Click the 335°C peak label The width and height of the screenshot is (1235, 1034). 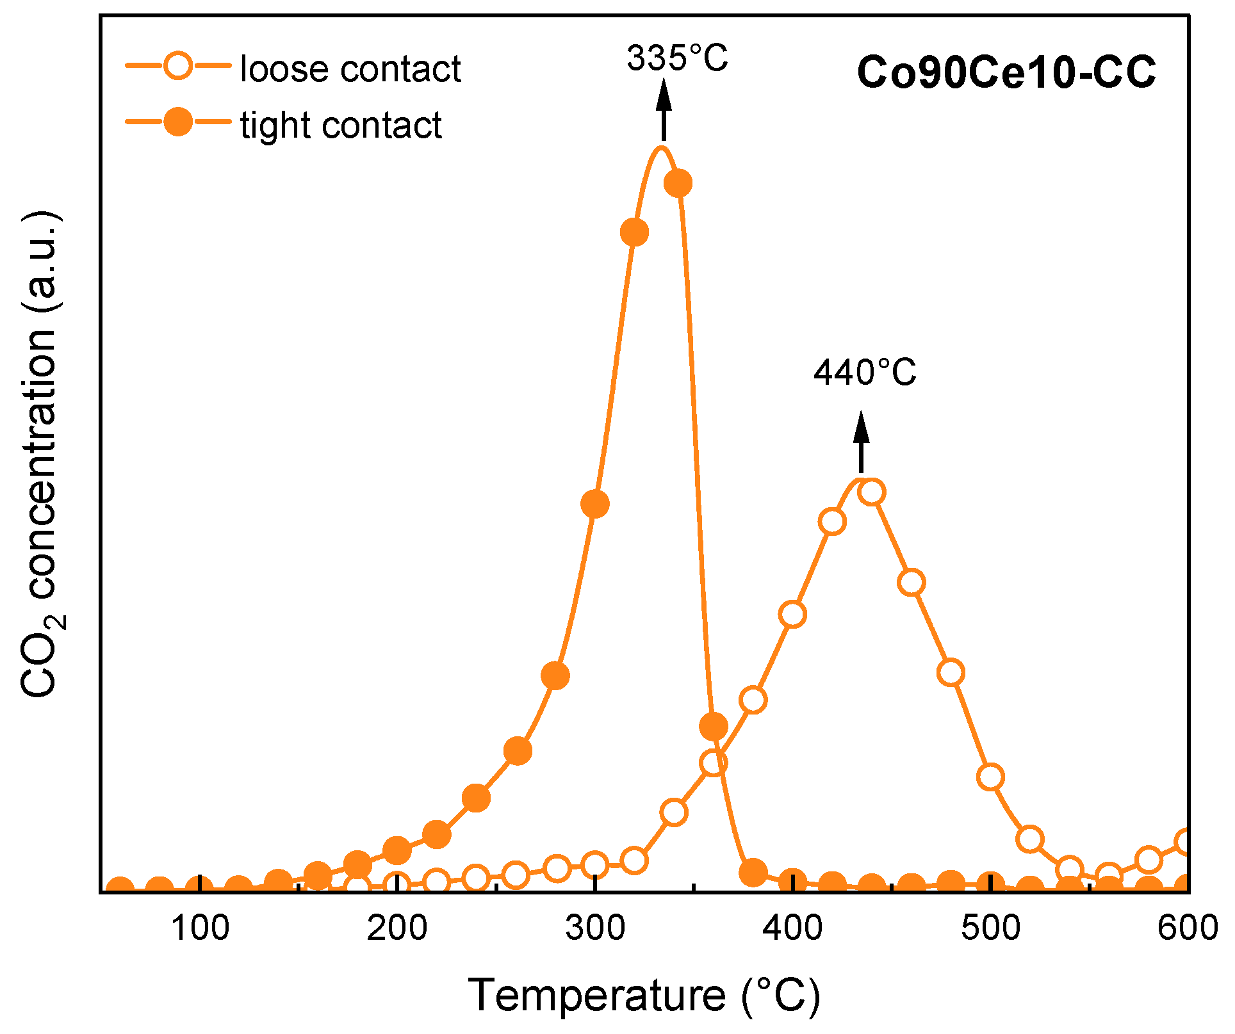point(677,58)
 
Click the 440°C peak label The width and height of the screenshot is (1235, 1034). point(865,372)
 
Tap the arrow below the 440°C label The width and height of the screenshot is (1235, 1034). point(861,442)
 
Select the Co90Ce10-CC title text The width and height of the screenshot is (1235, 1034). point(1006,72)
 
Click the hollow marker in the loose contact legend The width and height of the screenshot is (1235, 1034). point(177,65)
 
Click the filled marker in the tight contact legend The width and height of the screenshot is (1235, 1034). point(177,122)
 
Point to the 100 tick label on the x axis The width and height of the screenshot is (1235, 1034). point(200,928)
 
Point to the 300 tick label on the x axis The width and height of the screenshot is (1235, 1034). point(595,928)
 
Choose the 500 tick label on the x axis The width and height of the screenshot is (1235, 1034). point(990,928)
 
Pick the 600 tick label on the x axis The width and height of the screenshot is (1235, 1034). point(1187,928)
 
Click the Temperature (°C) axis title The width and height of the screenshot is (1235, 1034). point(644,996)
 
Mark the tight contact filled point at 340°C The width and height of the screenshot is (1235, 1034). point(678,183)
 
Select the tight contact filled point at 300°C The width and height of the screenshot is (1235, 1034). point(595,504)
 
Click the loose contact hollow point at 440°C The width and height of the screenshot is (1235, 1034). point(871,492)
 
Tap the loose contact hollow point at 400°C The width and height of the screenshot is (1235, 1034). point(792,615)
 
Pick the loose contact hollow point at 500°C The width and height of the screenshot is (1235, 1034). point(990,777)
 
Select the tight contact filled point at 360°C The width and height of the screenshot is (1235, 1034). point(714,726)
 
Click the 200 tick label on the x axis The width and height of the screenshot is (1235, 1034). point(397,928)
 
